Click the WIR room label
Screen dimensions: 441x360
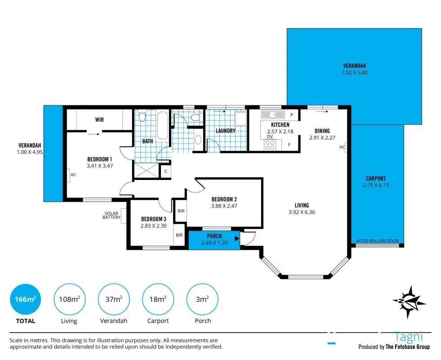coord(99,120)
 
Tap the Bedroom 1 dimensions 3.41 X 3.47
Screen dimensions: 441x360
coord(100,166)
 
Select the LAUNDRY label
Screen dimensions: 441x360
coord(226,130)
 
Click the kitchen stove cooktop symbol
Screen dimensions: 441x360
coord(270,145)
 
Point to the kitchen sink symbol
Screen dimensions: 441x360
coord(272,115)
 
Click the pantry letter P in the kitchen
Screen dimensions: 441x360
coord(292,115)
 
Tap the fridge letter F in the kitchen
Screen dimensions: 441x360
coord(290,145)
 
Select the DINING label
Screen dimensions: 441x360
coord(322,131)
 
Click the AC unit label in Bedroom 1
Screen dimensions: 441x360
coord(73,175)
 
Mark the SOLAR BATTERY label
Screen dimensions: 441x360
coord(111,215)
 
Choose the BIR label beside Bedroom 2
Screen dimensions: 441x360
coord(181,211)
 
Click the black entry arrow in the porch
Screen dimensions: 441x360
coord(237,238)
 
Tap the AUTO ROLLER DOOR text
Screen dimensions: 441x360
coord(378,241)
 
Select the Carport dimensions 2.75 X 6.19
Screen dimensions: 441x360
coord(376,185)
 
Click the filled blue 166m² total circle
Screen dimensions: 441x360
coord(25,299)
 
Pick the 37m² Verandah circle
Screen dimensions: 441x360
coord(114,299)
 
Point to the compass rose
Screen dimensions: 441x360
coord(409,302)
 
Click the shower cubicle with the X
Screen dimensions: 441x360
coord(147,171)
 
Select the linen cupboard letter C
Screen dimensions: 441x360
coord(166,171)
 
